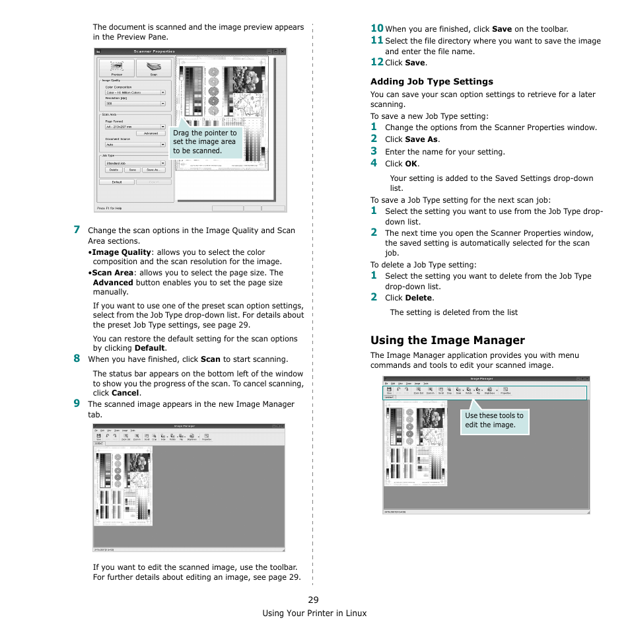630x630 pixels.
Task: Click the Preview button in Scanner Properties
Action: pyautogui.click(x=116, y=68)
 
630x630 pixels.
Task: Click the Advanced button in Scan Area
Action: pyautogui.click(x=151, y=133)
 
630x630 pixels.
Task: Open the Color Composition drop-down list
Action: pyautogui.click(x=135, y=92)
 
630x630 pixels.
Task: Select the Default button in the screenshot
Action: pyautogui.click(x=116, y=182)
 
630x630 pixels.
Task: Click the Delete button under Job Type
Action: pyautogui.click(x=114, y=170)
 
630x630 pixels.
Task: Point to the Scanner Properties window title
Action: pyautogui.click(x=154, y=51)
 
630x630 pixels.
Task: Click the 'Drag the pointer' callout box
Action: pyautogui.click(x=205, y=142)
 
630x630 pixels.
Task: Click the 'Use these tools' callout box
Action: pyautogui.click(x=495, y=421)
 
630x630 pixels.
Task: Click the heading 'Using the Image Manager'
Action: pyautogui.click(x=447, y=340)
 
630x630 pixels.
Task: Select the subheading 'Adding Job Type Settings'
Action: pyautogui.click(x=431, y=81)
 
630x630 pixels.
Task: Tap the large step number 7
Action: pyautogui.click(x=77, y=230)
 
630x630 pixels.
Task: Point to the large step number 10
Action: pyautogui.click(x=376, y=28)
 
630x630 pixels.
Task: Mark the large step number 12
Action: pyautogui.click(x=376, y=61)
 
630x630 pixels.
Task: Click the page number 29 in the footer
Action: pyautogui.click(x=313, y=600)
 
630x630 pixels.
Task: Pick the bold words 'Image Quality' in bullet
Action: pyautogui.click(x=122, y=252)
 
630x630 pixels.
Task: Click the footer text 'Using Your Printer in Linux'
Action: pyautogui.click(x=314, y=613)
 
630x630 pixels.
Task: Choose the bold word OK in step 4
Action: pyautogui.click(x=411, y=164)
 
